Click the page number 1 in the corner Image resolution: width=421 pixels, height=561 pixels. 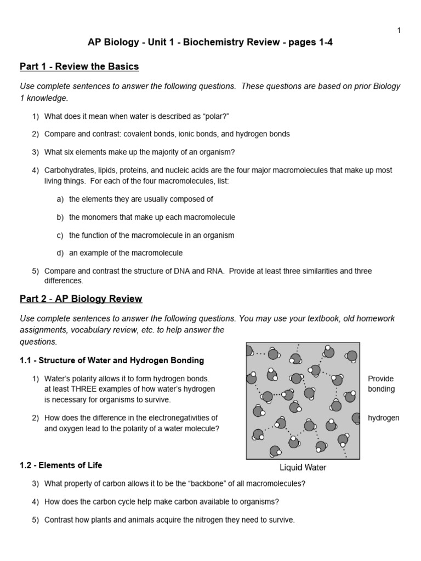pos(399,31)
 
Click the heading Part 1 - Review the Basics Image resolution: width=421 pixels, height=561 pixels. pos(79,67)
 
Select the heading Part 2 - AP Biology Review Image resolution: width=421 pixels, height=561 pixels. pos(81,299)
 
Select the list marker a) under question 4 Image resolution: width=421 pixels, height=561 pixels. pos(60,199)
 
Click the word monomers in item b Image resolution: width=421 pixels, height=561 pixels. pos(97,217)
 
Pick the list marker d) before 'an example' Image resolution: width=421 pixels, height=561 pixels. pos(60,253)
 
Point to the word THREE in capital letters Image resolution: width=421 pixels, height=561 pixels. pos(84,389)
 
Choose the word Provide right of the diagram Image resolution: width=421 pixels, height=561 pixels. pos(381,379)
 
